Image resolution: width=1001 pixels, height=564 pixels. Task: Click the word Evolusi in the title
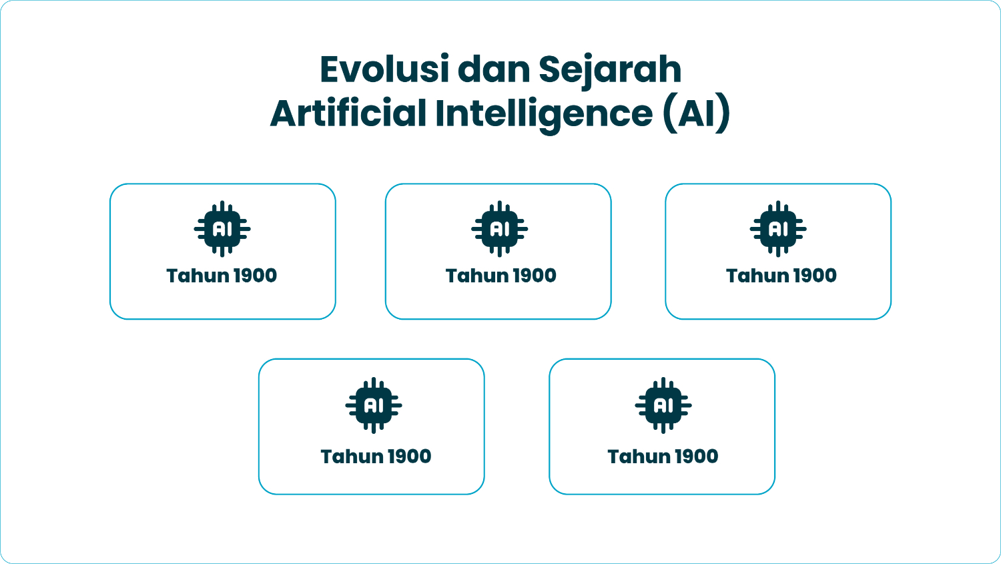[x=384, y=69]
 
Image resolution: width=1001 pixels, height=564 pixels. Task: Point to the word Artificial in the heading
[x=348, y=113]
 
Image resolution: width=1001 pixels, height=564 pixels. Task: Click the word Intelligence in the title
[x=544, y=113]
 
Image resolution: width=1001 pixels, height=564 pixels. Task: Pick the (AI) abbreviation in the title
[x=696, y=113]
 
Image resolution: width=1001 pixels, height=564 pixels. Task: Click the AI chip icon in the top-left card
[x=222, y=229]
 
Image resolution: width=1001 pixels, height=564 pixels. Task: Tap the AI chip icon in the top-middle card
[x=499, y=229]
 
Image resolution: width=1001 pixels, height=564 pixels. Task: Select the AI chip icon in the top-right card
[x=778, y=229]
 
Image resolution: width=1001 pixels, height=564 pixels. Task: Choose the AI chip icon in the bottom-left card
[x=374, y=405]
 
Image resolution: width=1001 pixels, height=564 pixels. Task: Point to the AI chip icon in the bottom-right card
[x=663, y=405]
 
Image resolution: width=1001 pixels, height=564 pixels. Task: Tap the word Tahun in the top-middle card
[x=474, y=276]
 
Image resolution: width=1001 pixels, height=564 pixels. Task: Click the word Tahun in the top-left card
[x=194, y=276]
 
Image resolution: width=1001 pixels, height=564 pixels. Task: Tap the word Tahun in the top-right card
[x=754, y=276]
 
